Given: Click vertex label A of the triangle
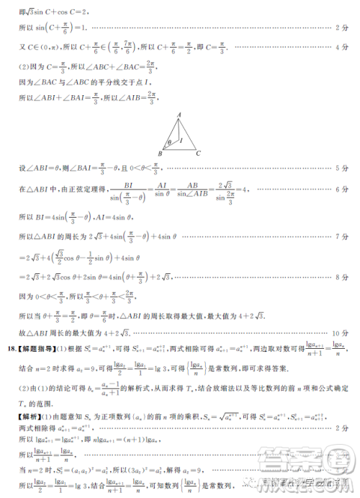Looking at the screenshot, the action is click(179, 115).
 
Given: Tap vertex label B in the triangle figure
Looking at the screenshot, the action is click(161, 154).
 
